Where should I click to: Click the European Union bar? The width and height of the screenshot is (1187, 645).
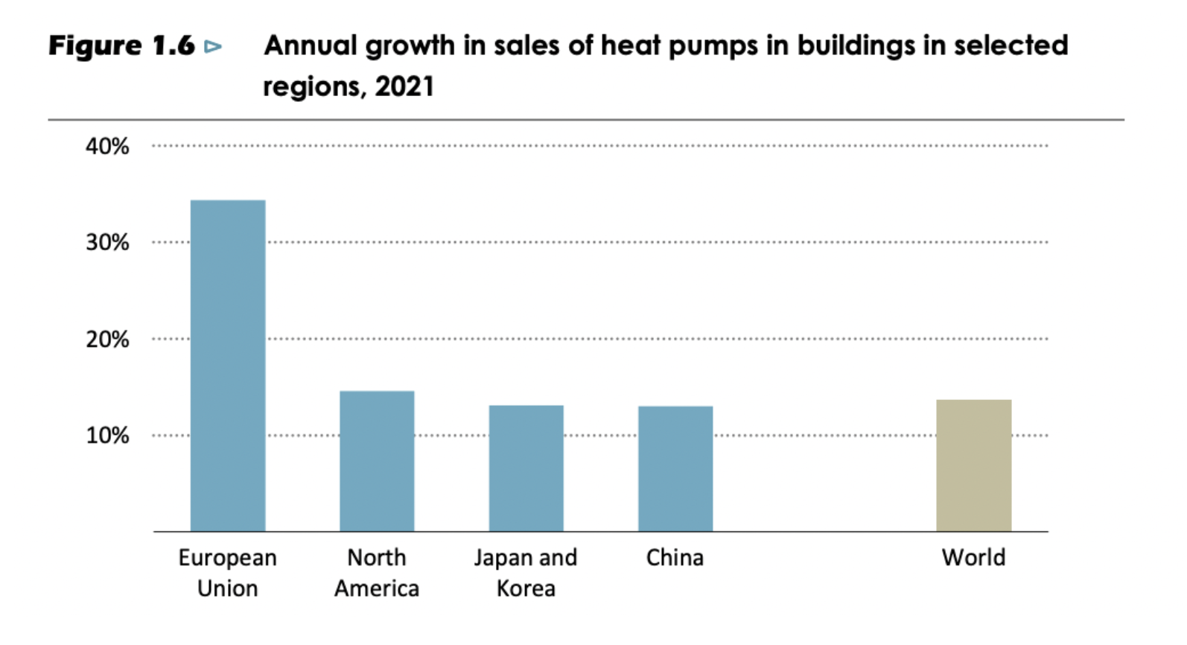click(228, 365)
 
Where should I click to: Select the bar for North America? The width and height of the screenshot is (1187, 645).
click(377, 461)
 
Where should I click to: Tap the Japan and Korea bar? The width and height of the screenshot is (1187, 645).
click(526, 468)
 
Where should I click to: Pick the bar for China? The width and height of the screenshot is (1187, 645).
click(675, 468)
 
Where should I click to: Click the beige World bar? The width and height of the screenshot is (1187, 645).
click(973, 466)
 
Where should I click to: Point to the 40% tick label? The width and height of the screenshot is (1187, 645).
click(107, 146)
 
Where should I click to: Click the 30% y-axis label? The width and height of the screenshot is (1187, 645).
click(107, 243)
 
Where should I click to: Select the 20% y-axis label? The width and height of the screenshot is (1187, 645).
click(107, 340)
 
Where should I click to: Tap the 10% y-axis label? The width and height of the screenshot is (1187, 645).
click(107, 436)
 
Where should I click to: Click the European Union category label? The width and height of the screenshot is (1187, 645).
click(228, 573)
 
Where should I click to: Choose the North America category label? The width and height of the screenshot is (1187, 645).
click(377, 573)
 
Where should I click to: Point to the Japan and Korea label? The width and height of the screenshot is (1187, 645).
click(526, 573)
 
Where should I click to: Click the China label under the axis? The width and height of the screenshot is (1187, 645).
click(675, 558)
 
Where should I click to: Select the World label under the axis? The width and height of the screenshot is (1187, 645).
click(973, 558)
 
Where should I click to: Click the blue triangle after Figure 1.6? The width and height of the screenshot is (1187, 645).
click(213, 47)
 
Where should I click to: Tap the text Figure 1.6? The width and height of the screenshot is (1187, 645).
click(121, 46)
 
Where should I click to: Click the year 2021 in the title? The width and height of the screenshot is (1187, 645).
click(404, 86)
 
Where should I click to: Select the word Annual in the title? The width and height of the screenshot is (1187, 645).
click(311, 46)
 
